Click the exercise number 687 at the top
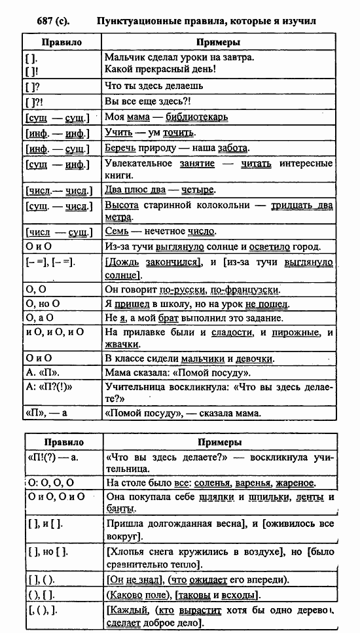[37, 21]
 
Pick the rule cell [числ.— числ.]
[56, 190]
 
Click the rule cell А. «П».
[39, 374]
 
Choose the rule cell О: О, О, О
[52, 482]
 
